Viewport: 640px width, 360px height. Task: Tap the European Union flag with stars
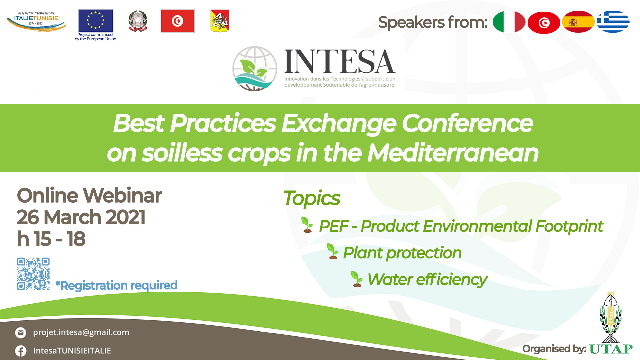[x=96, y=21]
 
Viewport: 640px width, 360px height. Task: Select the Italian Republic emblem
[x=138, y=21]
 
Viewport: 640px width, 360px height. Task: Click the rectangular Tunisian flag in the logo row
[x=177, y=21]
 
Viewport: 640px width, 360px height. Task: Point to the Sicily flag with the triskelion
[x=220, y=21]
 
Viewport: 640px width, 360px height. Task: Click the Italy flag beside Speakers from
[x=509, y=22]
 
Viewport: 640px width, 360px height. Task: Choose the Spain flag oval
[x=578, y=22]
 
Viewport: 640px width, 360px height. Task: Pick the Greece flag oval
[x=613, y=22]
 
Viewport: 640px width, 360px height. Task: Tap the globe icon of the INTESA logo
[x=255, y=69]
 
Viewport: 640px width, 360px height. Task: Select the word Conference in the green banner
[x=468, y=123]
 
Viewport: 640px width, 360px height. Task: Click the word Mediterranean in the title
[x=453, y=153]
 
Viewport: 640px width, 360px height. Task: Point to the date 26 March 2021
[x=81, y=217]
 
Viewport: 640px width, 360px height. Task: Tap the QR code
[x=33, y=274]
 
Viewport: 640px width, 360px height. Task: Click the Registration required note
[x=116, y=285]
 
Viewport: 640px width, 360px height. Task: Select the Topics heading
[x=312, y=198]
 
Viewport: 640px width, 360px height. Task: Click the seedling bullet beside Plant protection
[x=333, y=251]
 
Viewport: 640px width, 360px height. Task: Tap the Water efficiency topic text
[x=427, y=279]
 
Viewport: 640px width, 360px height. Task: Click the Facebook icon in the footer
[x=21, y=351]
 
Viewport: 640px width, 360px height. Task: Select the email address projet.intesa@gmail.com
[x=81, y=332]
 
